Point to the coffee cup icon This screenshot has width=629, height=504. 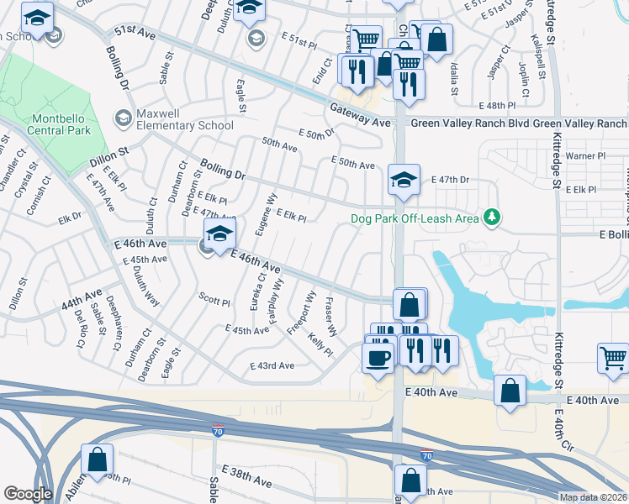click(x=378, y=356)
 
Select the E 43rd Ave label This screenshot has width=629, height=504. click(x=272, y=365)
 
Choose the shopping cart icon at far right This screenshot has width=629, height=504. click(x=614, y=357)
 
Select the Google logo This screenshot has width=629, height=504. click(x=28, y=494)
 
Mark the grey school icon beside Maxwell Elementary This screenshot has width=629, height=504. click(x=124, y=117)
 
